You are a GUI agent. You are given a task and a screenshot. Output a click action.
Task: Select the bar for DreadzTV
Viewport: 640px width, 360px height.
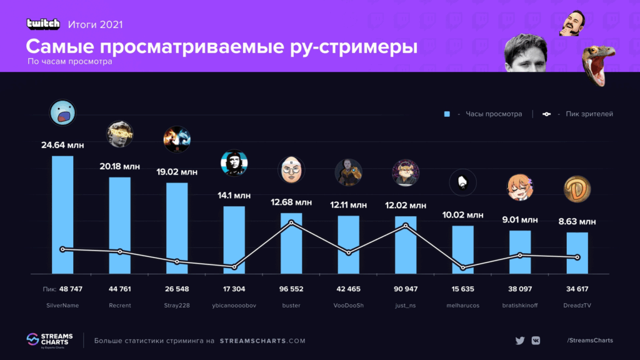coord(577,252)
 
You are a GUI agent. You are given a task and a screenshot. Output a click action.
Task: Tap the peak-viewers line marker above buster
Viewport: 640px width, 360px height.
coord(291,223)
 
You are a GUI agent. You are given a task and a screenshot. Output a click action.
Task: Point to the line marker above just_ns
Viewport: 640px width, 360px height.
coord(406,226)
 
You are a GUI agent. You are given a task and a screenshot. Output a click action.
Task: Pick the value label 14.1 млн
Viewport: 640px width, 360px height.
coord(234,195)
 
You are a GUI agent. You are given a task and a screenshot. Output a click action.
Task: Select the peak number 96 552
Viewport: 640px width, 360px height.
coord(291,289)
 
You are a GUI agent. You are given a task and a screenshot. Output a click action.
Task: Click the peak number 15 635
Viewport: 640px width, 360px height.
coord(462,289)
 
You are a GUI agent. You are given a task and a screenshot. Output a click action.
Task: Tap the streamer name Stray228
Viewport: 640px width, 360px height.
coord(177,306)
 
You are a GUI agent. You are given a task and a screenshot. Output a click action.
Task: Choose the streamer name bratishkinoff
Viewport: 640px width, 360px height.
coord(519,306)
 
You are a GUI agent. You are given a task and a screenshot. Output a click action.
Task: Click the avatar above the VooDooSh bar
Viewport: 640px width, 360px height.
coord(348,172)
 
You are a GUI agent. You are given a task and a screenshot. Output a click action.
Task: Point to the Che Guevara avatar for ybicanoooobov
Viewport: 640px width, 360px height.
coord(234,164)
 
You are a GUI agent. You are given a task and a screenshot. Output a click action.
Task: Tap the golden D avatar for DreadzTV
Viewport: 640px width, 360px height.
coord(577,189)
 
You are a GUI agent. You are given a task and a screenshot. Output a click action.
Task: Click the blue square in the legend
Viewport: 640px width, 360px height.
coord(447,114)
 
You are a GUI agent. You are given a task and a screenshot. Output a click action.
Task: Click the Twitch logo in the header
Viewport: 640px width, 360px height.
coord(44,24)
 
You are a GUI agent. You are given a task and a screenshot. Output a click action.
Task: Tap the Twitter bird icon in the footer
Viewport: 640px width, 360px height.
coord(519,341)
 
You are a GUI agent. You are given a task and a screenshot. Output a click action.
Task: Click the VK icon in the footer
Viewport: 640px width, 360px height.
coord(536,341)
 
